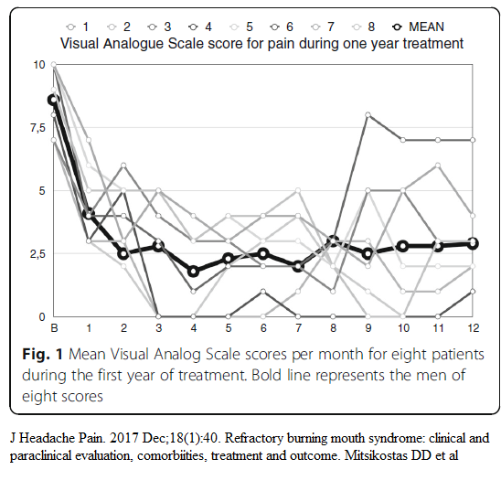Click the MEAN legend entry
point(418,27)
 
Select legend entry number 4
point(200,27)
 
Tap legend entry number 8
point(363,27)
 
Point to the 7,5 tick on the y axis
point(38,128)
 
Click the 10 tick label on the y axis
point(39,65)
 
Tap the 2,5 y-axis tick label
point(38,254)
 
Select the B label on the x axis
point(54,328)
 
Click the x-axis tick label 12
point(474,328)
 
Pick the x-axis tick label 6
point(263,328)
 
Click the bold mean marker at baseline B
point(54,100)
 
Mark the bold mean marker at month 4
point(193,272)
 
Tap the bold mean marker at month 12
point(473,244)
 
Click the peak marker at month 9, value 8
point(368,114)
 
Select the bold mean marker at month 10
point(403,246)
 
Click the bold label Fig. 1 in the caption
point(42,354)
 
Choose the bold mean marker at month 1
point(89,214)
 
